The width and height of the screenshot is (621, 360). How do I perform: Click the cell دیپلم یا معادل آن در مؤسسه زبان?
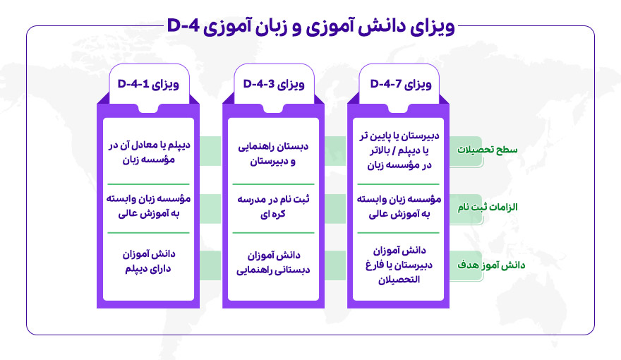tap(147, 150)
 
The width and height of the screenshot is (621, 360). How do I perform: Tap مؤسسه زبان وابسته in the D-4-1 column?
tap(147, 207)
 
